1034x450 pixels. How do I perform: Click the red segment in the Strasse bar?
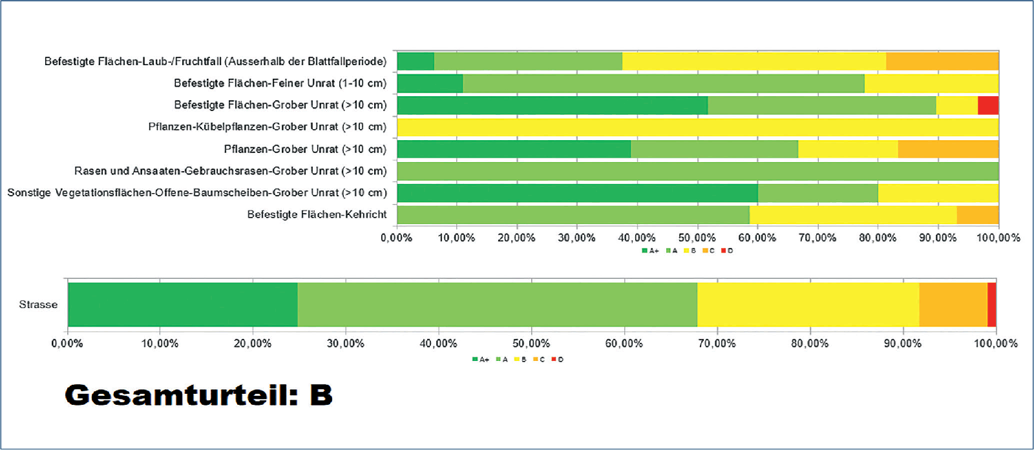(x=992, y=305)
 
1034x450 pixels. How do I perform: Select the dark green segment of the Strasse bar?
(x=183, y=305)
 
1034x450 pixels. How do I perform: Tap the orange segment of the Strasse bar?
(x=953, y=305)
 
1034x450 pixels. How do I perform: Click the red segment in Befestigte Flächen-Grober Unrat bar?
(x=988, y=105)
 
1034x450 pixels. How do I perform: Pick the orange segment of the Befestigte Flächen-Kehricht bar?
(x=978, y=215)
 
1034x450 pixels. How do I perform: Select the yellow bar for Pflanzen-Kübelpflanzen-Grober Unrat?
(x=698, y=127)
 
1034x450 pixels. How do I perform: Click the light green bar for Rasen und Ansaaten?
(x=698, y=171)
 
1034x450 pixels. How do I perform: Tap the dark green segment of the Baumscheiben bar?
(x=577, y=193)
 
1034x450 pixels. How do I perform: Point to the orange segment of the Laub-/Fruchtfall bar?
(x=942, y=61)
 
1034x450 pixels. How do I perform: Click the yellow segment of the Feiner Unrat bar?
(x=931, y=83)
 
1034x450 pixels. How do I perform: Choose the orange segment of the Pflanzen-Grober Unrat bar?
(x=948, y=149)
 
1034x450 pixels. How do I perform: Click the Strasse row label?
(x=38, y=305)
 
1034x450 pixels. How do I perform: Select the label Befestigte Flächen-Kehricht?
(x=317, y=214)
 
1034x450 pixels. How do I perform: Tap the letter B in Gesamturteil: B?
(x=321, y=394)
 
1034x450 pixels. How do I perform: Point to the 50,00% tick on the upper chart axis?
(x=697, y=238)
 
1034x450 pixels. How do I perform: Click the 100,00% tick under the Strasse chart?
(x=996, y=343)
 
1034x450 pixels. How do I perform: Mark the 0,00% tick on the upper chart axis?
(x=396, y=238)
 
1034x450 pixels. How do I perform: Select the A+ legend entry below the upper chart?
(x=650, y=251)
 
